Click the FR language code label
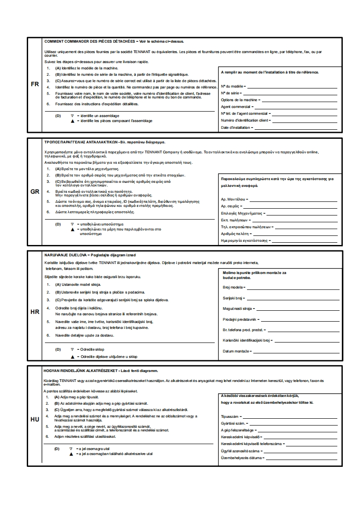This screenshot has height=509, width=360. pyautogui.click(x=35, y=84)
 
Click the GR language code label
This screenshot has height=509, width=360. pyautogui.click(x=35, y=191)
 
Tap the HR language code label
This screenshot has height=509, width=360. pyautogui.click(x=35, y=312)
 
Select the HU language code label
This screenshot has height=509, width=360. pyautogui.click(x=35, y=419)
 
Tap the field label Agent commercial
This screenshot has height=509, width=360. pyautogui.click(x=236, y=107)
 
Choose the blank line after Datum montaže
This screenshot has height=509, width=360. pyautogui.click(x=296, y=352)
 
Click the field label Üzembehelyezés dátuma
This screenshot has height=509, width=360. pyautogui.click(x=241, y=458)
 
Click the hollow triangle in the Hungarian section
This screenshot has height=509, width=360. pyautogui.click(x=71, y=449)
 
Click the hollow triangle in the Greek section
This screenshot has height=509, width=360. pyautogui.click(x=72, y=224)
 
